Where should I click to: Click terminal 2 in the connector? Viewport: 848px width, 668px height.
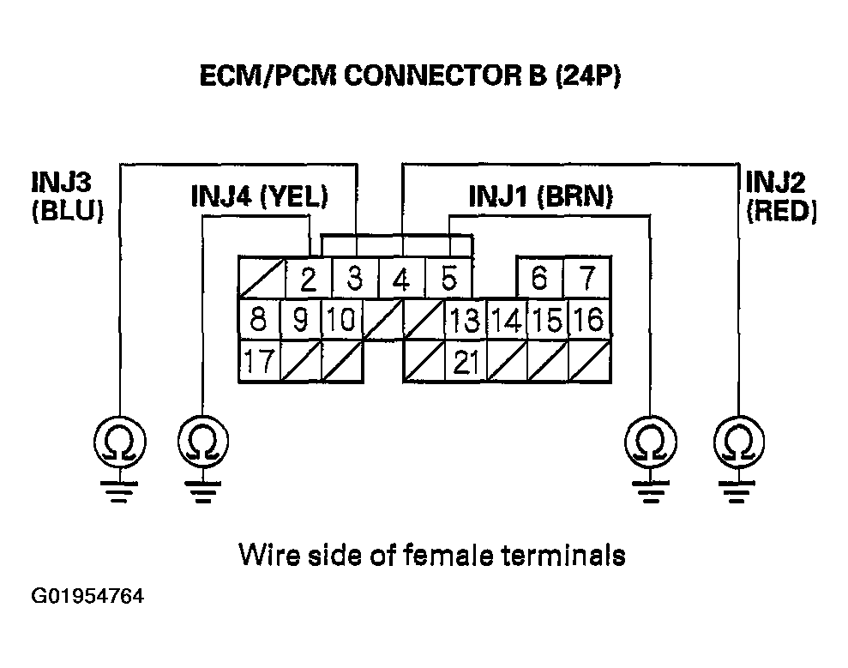click(x=309, y=278)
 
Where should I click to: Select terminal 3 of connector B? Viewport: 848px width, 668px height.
click(x=355, y=278)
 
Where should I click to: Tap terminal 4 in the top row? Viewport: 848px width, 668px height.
click(x=401, y=278)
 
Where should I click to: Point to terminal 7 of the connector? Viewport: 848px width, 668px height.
click(x=587, y=277)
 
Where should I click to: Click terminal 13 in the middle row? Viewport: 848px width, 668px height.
click(x=465, y=319)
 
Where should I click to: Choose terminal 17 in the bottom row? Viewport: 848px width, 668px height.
click(x=260, y=361)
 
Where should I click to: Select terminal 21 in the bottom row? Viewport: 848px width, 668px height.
click(x=465, y=361)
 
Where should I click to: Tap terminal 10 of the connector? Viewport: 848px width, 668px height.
click(x=342, y=319)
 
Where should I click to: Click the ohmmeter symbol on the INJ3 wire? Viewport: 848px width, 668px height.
click(x=119, y=442)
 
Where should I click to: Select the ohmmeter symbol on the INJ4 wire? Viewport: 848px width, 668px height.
click(x=203, y=442)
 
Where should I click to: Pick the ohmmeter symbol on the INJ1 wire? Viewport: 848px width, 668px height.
click(x=651, y=442)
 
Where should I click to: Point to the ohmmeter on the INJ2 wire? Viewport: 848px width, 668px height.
click(x=739, y=442)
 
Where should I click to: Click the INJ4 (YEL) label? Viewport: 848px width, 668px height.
click(x=260, y=196)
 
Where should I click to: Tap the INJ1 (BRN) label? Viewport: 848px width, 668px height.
click(x=541, y=196)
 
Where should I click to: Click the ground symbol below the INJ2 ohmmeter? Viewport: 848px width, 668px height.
click(x=738, y=491)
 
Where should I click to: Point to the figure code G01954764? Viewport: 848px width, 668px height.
click(x=87, y=596)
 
